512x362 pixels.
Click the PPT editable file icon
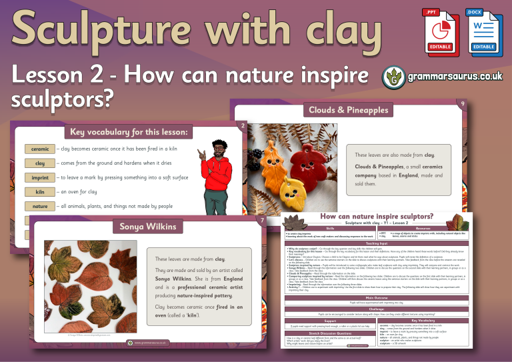click(x=437, y=30)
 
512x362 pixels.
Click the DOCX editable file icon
click(x=483, y=30)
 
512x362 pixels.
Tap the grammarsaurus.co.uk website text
click(x=453, y=77)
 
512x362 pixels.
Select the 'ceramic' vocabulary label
click(x=40, y=149)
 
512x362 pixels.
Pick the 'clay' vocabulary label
click(x=40, y=163)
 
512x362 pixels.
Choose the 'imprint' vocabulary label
click(x=40, y=178)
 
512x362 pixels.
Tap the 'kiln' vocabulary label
click(x=40, y=193)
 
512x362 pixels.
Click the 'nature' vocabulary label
click(x=40, y=207)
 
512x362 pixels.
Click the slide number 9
click(x=463, y=103)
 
